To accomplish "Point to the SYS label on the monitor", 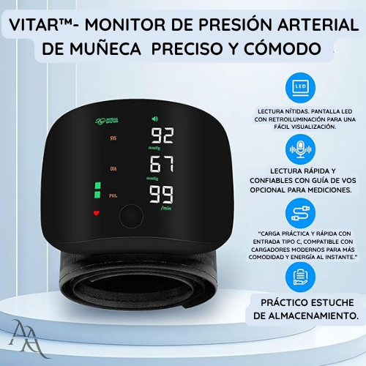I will click(x=113, y=138).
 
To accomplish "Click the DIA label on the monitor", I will click(x=113, y=167).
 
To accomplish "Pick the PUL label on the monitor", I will click(x=113, y=196).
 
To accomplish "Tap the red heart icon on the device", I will click(x=96, y=214).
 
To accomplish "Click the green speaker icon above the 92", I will click(x=154, y=119).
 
